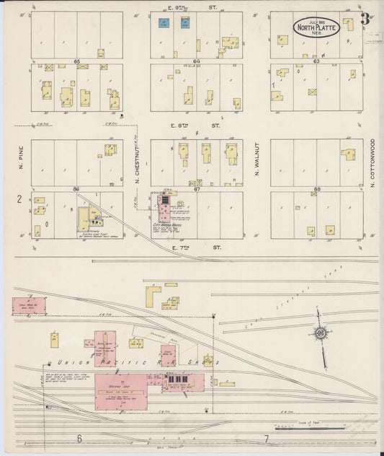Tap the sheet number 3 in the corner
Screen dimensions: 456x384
pyautogui.click(x=365, y=19)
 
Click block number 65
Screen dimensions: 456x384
pyautogui.click(x=76, y=62)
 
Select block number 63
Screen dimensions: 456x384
pyautogui.click(x=316, y=61)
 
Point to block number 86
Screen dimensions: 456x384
pyautogui.click(x=76, y=188)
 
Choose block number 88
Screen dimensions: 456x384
pyautogui.click(x=316, y=188)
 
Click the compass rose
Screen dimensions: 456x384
pyautogui.click(x=319, y=333)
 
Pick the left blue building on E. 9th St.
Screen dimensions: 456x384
pyautogui.click(x=164, y=23)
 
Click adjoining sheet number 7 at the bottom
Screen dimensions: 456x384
pyautogui.click(x=267, y=439)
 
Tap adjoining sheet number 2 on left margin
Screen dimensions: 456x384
pyautogui.click(x=19, y=198)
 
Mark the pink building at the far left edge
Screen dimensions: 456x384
pyautogui.click(x=29, y=306)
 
